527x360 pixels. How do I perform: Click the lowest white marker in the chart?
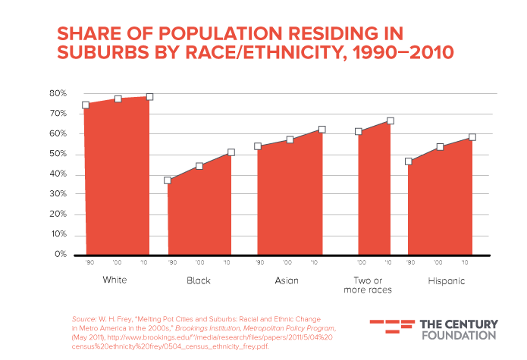pos(168,180)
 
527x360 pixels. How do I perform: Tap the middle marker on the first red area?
pos(118,99)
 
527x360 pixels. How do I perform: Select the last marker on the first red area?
pos(150,96)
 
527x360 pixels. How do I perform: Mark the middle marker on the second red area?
pos(199,166)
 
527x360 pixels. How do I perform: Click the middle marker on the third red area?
pos(290,139)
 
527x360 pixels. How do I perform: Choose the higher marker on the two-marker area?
pos(391,121)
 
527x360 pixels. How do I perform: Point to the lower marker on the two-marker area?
pos(359,132)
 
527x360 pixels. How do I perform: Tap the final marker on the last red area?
pos(472,137)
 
